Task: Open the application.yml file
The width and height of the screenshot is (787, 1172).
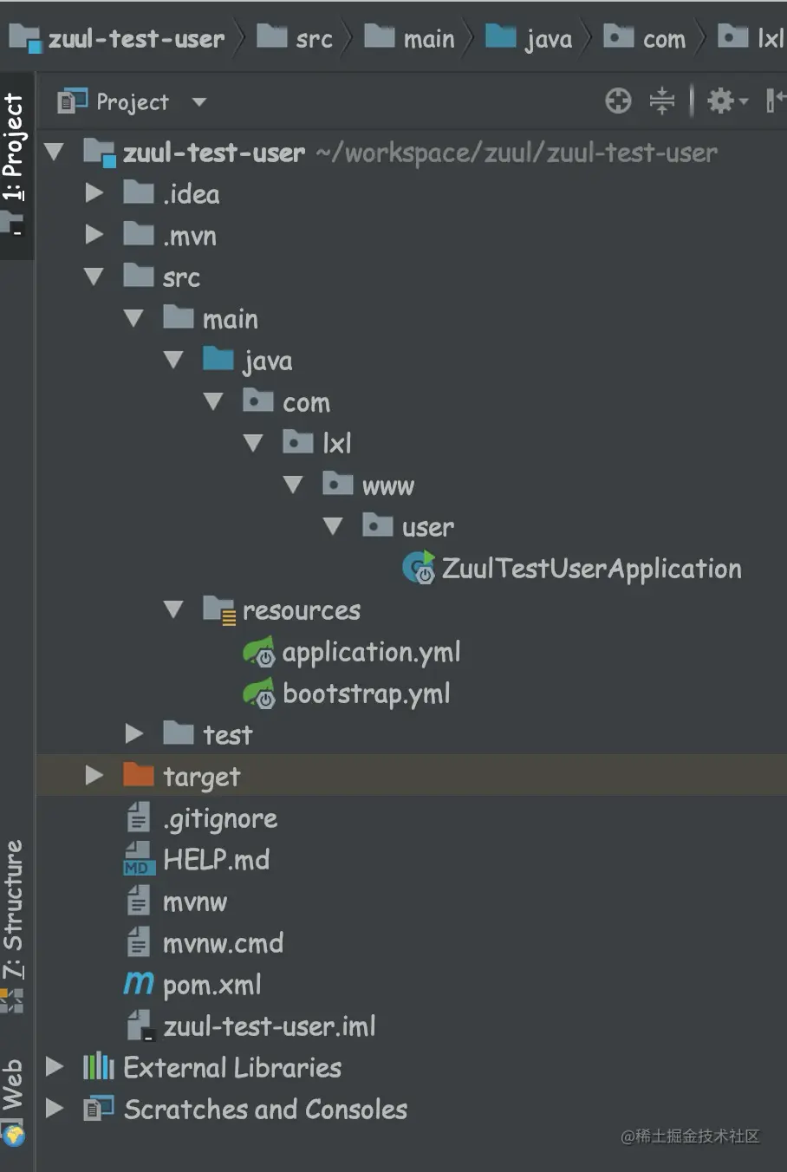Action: (371, 653)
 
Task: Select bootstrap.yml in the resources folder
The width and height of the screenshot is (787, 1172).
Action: (366, 694)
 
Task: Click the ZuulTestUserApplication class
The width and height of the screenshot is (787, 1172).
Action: (591, 570)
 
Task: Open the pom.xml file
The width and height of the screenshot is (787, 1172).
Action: (211, 986)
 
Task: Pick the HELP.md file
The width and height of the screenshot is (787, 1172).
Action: (216, 861)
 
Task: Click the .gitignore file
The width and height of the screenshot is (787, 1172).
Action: (220, 819)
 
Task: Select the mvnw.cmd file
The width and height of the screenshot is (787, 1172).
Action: (223, 944)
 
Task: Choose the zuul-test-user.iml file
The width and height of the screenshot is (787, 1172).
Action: (269, 1027)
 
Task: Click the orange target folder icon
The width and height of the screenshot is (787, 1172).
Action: (139, 775)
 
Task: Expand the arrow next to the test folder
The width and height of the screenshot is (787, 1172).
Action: (133, 734)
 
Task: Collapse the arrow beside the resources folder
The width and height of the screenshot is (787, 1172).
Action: (173, 610)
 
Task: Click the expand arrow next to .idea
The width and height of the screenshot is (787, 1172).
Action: (94, 193)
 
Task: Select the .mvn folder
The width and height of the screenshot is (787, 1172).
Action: (189, 236)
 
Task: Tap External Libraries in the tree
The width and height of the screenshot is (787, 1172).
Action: (231, 1068)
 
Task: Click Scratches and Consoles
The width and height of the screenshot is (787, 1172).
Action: (264, 1110)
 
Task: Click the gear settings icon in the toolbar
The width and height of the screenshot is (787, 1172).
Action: (721, 101)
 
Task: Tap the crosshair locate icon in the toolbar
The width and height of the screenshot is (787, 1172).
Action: (618, 101)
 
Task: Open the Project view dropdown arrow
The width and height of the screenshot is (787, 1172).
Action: (199, 102)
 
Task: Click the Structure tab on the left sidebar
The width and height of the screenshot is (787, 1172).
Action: (14, 910)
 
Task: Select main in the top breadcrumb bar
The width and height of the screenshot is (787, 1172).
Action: (428, 39)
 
